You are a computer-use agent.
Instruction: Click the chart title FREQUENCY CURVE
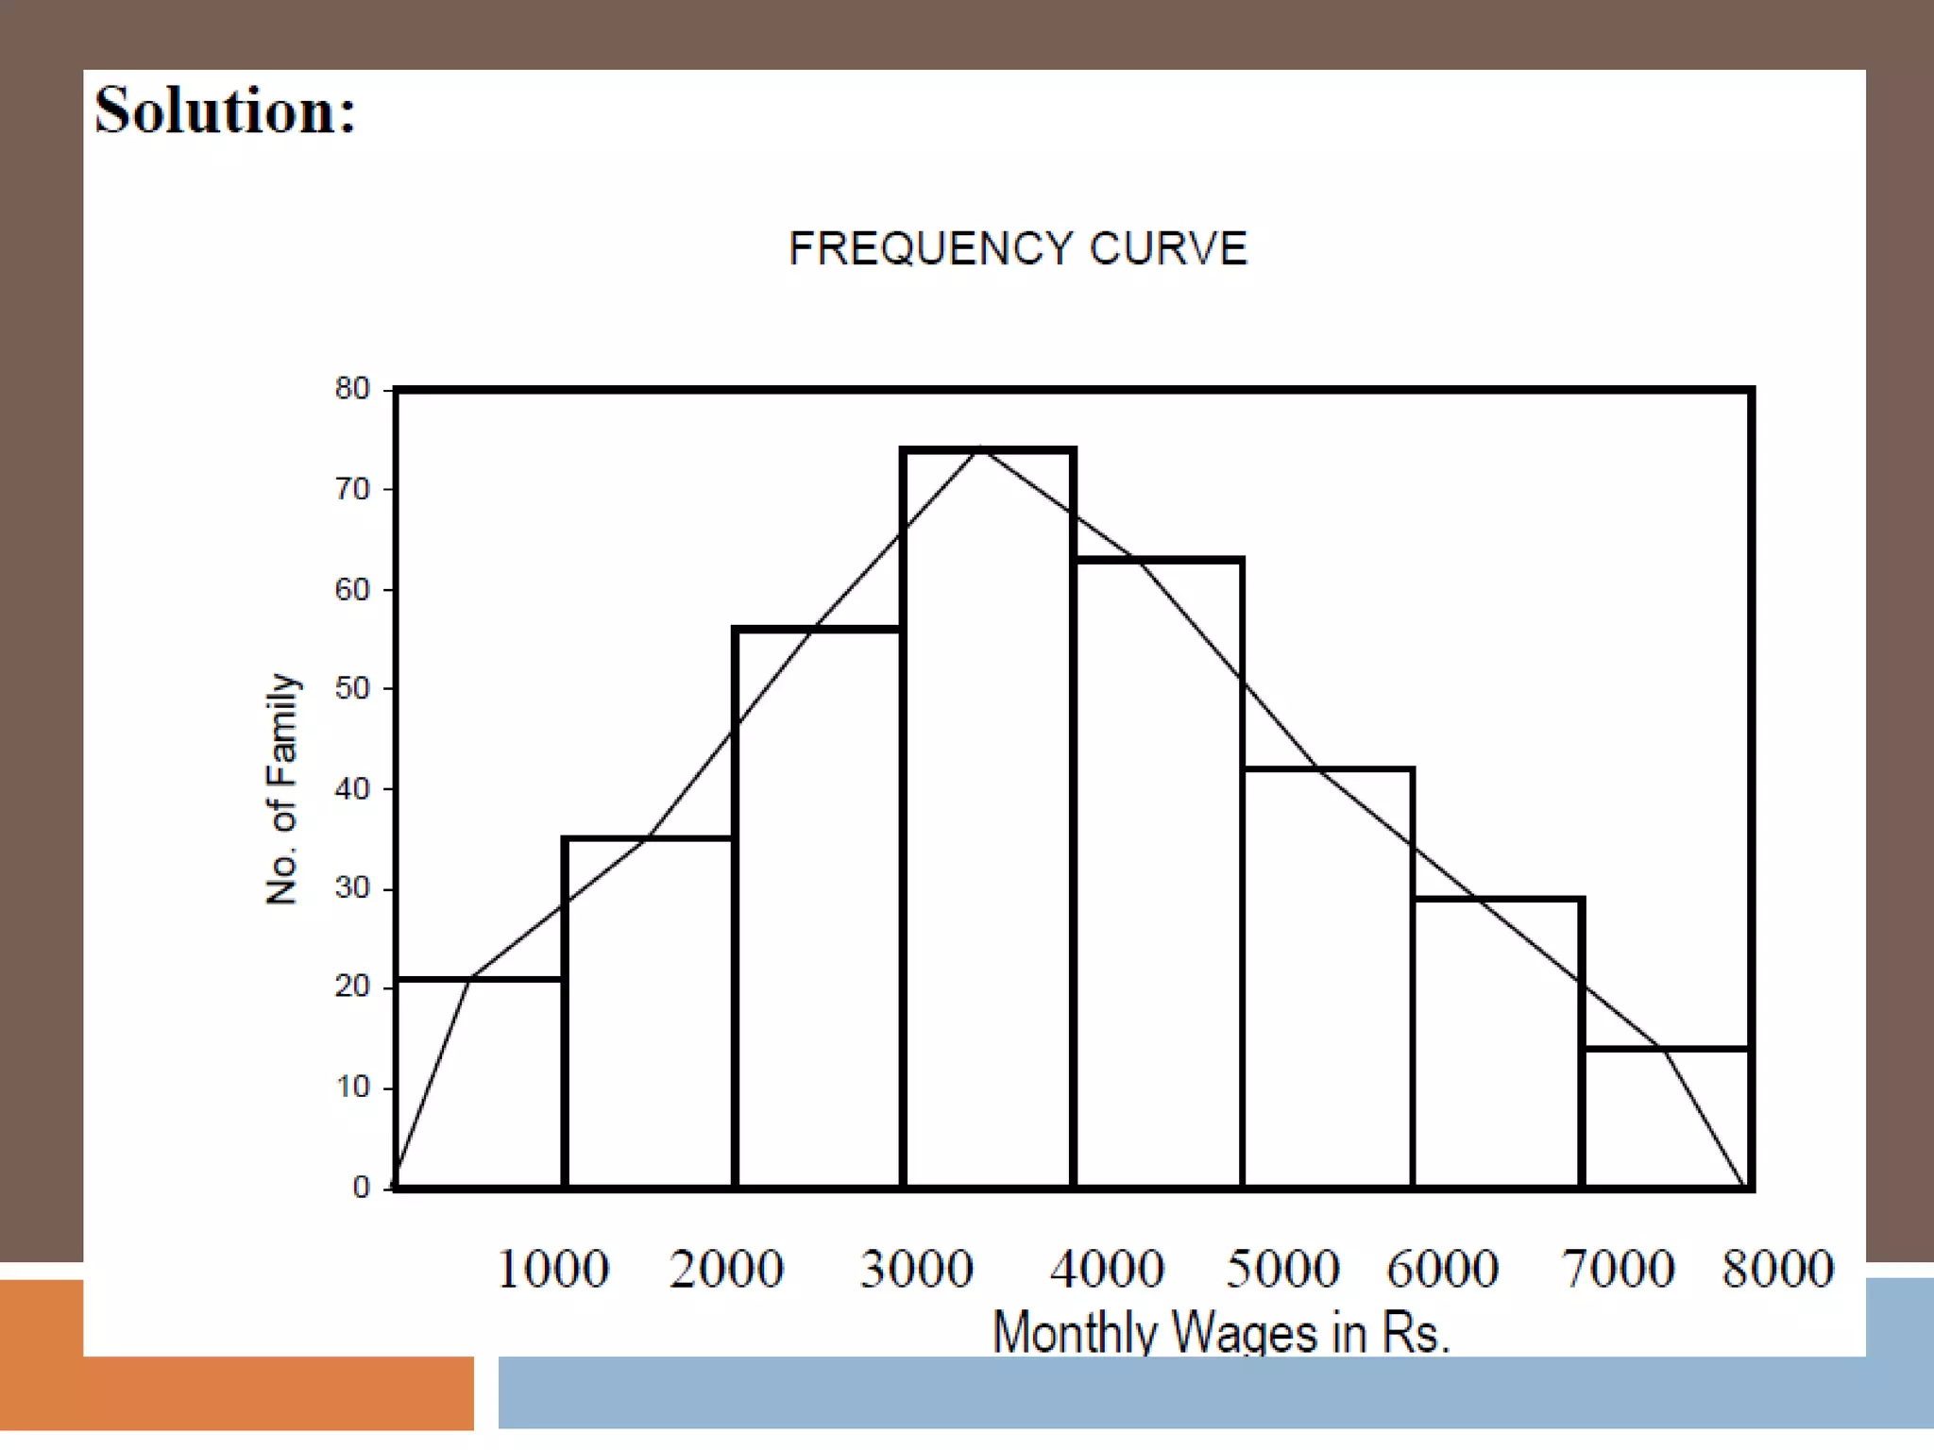click(x=1017, y=249)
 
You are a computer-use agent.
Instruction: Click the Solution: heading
click(x=225, y=110)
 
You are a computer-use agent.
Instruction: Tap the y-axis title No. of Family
click(x=281, y=788)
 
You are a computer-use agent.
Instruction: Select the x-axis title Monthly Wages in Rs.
click(x=1220, y=1332)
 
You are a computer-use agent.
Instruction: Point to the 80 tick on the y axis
click(x=352, y=389)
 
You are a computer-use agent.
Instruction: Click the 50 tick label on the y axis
click(x=352, y=688)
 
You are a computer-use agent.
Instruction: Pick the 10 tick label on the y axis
click(x=352, y=1087)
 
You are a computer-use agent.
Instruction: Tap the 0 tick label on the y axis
click(x=361, y=1188)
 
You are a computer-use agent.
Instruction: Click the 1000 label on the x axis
click(x=552, y=1268)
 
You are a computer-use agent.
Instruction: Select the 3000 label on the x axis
click(x=916, y=1268)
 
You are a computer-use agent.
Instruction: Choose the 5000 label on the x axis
click(x=1281, y=1268)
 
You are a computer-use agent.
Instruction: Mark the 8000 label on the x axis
click(x=1777, y=1268)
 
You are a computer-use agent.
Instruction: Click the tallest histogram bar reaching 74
click(x=988, y=821)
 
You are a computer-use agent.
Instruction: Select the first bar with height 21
click(x=480, y=1086)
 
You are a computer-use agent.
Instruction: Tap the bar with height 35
click(x=649, y=1015)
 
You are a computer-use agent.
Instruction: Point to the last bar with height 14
click(x=1666, y=1119)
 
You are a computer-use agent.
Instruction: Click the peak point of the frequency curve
click(x=982, y=447)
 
